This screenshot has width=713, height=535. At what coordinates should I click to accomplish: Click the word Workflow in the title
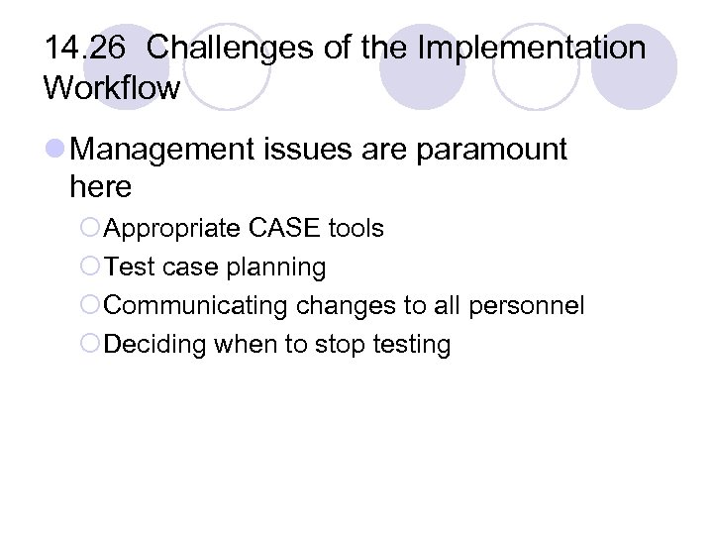(x=112, y=88)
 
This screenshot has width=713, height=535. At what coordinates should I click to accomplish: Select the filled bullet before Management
(x=55, y=151)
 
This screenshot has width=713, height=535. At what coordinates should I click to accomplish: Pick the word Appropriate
(x=172, y=229)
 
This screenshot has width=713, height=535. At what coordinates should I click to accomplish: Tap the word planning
(x=279, y=267)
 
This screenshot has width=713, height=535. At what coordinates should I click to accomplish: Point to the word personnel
(x=528, y=306)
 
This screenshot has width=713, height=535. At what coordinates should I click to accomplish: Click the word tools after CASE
(x=357, y=229)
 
